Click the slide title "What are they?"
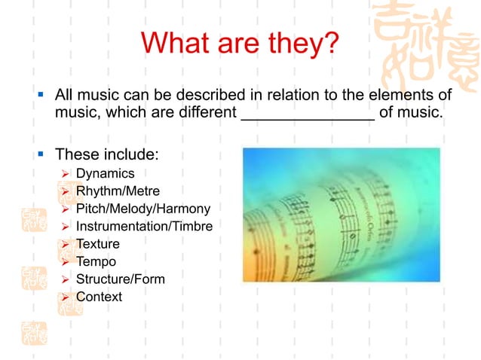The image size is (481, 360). [240, 43]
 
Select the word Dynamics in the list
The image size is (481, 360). [105, 174]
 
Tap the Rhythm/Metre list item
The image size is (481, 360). [118, 191]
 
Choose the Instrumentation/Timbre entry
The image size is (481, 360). [144, 226]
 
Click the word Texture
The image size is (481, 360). [98, 244]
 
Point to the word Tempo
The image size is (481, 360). [97, 261]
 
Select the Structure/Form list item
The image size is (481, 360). [121, 279]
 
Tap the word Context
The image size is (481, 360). [99, 297]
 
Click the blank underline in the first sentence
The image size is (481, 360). [308, 114]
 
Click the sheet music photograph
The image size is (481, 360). [341, 215]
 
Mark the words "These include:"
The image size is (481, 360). [107, 154]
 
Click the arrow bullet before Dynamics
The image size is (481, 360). [65, 175]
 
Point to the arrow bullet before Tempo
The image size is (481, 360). [65, 262]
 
